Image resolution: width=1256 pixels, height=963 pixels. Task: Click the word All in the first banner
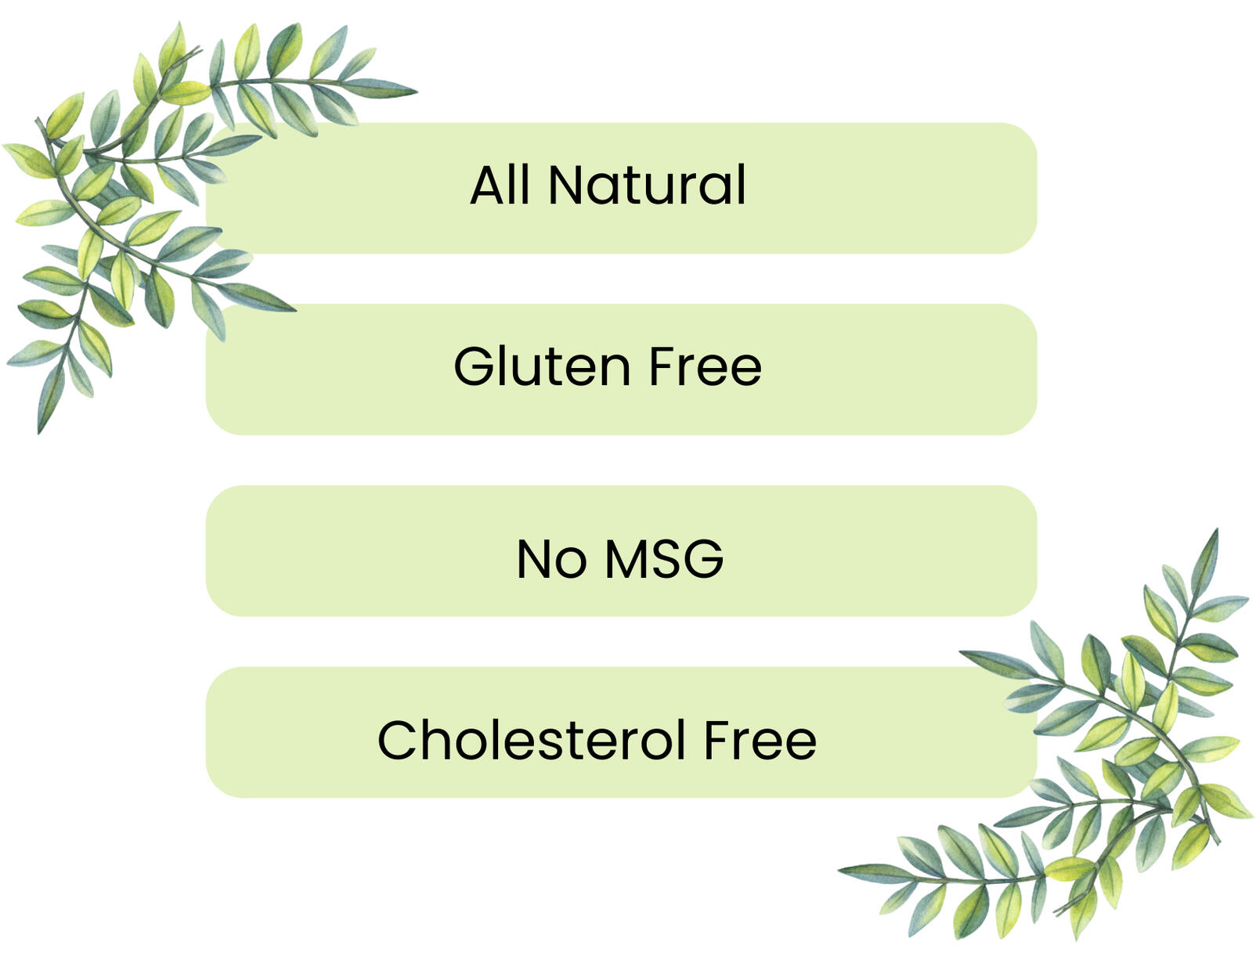[x=500, y=184]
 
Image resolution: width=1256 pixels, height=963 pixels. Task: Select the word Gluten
[x=542, y=366]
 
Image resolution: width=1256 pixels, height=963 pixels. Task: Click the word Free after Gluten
[x=706, y=366]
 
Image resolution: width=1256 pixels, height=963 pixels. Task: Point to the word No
[x=551, y=558]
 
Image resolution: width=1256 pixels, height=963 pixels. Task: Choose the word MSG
[x=664, y=558]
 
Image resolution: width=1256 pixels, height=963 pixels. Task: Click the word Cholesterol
[x=531, y=739]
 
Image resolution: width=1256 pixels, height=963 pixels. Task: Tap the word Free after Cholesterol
[x=760, y=740]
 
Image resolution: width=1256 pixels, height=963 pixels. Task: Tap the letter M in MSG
[x=628, y=558]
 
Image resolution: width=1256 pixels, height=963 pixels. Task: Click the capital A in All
[x=489, y=185]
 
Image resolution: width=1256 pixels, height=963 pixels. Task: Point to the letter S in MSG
[x=670, y=558]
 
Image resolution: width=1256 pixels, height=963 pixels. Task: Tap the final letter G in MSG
[x=704, y=558]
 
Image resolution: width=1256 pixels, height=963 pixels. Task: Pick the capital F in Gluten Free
[x=662, y=367]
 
